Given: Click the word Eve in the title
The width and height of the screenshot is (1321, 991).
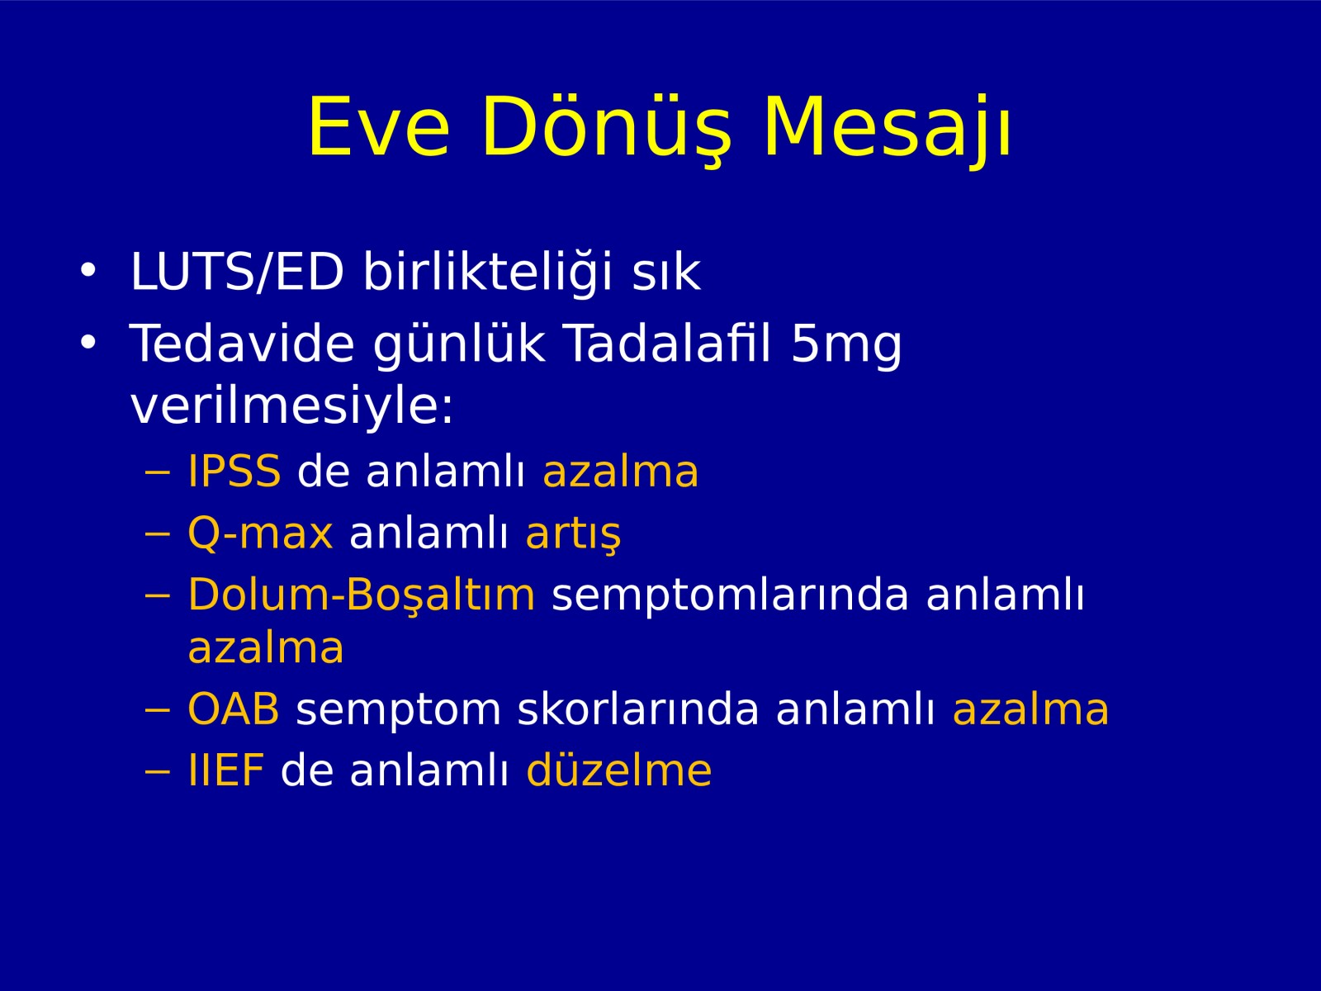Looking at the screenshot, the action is pos(378,127).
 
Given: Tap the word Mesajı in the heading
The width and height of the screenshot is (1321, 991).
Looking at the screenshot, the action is pos(887,129).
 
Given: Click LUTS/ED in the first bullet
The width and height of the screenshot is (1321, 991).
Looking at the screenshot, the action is pos(237,272).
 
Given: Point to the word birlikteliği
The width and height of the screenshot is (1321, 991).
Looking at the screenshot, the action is pos(488,273).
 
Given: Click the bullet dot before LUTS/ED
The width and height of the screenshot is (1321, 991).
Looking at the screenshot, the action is pos(88,270).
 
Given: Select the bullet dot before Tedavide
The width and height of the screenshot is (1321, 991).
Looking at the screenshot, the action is pos(88,341).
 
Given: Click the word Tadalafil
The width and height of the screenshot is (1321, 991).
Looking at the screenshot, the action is pos(668,343).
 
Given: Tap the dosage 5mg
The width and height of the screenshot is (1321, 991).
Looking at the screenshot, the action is pos(846,345).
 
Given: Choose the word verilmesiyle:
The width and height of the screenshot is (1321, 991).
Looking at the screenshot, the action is pos(292,405).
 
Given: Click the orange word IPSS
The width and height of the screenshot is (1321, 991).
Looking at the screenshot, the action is pos(234,471).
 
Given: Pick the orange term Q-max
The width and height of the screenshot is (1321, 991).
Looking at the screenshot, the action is pos(260,533).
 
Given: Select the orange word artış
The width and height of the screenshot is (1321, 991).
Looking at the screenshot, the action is pos(573,535).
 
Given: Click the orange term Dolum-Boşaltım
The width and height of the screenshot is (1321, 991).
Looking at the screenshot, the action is pos(361,595).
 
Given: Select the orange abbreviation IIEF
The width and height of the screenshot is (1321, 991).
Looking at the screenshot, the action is pos(226,771).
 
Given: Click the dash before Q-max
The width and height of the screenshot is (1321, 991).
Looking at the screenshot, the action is pos(158,535).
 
